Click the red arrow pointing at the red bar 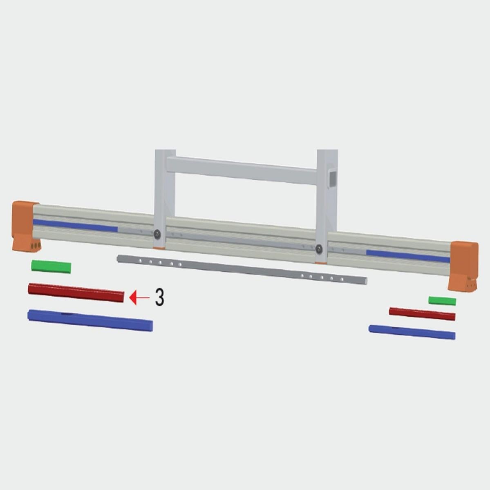139,298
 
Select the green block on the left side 51,266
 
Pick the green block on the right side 442,301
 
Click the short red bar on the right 422,314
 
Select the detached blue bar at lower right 412,332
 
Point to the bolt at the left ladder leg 157,234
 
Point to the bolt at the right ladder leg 319,248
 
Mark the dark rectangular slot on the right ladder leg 333,178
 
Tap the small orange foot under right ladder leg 320,262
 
